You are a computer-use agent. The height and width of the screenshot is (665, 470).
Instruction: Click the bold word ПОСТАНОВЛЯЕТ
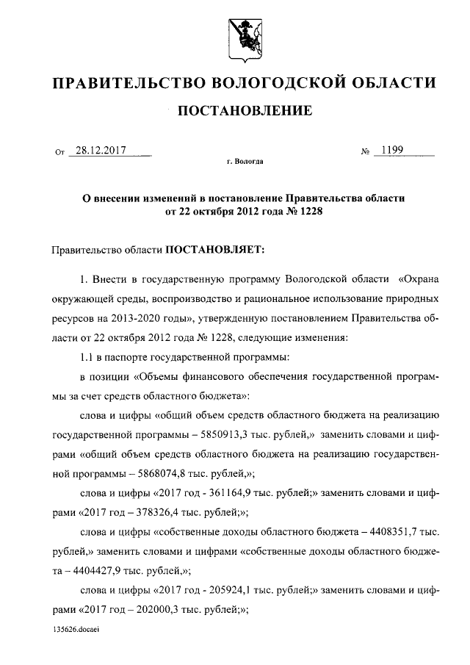(x=220, y=250)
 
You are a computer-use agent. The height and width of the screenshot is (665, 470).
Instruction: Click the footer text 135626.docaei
(x=77, y=630)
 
